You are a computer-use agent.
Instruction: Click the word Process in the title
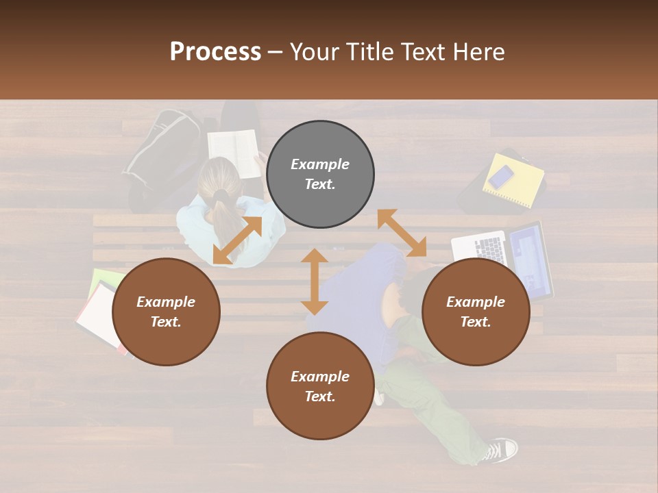click(215, 52)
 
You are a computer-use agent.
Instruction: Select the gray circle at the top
click(320, 175)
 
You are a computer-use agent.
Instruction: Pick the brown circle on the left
click(166, 312)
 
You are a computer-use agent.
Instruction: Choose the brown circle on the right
click(476, 312)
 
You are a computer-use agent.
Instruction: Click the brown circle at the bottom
click(320, 386)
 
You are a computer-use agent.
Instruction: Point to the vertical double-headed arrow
click(315, 281)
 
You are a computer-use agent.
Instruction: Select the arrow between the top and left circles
click(237, 240)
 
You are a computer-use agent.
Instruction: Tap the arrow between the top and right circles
click(402, 233)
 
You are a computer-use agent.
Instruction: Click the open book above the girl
click(234, 145)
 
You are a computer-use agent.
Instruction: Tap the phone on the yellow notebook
click(501, 176)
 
